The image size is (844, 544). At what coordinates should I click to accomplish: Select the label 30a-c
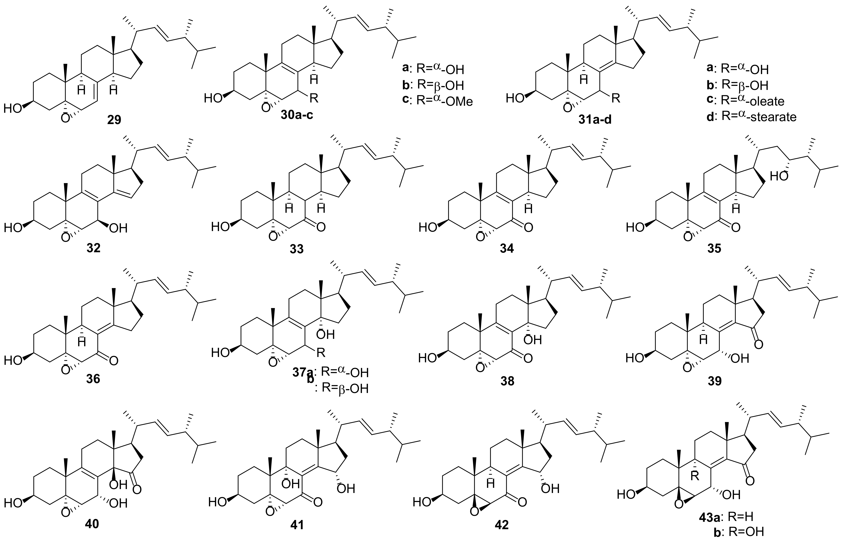click(297, 115)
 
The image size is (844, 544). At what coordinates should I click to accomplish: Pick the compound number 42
click(502, 525)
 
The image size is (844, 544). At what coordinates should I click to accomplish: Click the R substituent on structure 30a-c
click(314, 98)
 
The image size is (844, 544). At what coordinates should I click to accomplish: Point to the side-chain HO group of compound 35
click(779, 176)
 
